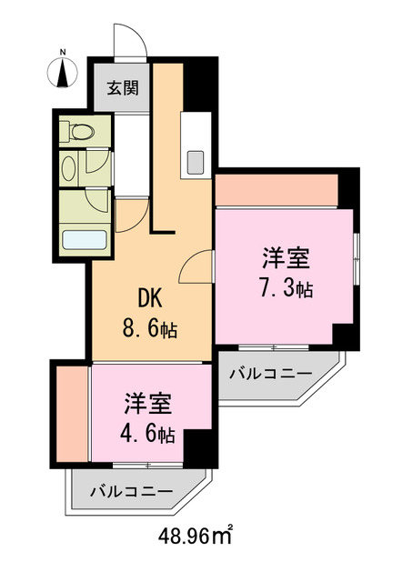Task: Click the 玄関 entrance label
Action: (x=121, y=89)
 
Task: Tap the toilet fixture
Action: (x=79, y=131)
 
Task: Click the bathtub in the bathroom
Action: (x=84, y=241)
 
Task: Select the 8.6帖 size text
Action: (x=151, y=329)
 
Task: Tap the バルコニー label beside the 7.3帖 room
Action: (x=270, y=374)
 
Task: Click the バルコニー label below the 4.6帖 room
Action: (x=131, y=490)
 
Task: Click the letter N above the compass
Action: (x=63, y=51)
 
